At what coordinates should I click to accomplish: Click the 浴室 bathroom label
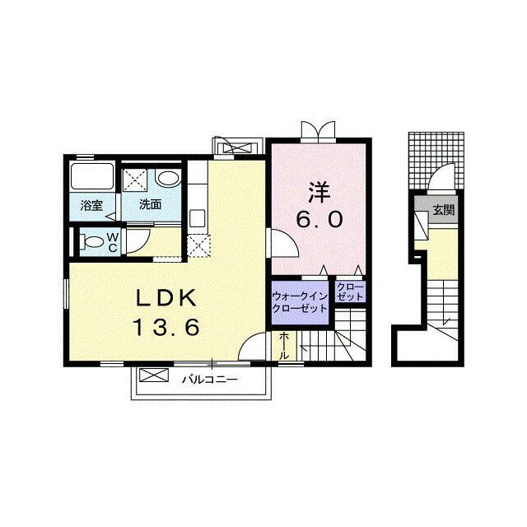(91, 205)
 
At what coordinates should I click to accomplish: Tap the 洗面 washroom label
(150, 204)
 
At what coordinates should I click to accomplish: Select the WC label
(113, 243)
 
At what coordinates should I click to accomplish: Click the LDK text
(166, 298)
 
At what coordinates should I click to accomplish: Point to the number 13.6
(166, 328)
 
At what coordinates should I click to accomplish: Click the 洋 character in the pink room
(319, 192)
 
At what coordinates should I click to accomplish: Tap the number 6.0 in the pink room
(319, 220)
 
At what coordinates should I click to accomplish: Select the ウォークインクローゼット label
(300, 303)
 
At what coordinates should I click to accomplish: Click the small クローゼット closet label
(350, 292)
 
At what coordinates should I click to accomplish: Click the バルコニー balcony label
(210, 380)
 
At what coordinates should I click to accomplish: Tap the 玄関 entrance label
(444, 210)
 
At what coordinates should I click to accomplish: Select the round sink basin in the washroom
(168, 178)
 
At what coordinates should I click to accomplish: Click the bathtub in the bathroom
(91, 176)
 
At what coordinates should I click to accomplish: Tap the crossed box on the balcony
(154, 375)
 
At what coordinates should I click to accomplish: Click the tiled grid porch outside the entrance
(436, 161)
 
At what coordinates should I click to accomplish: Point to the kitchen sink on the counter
(198, 218)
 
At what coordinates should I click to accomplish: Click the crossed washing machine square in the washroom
(134, 180)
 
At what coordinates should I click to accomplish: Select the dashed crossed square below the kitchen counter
(198, 246)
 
